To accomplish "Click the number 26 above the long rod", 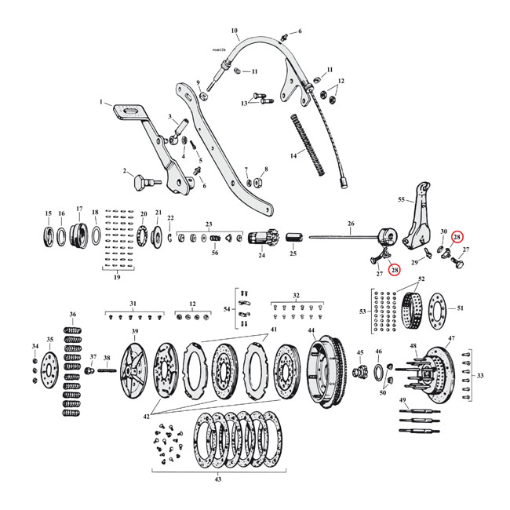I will (x=349, y=223).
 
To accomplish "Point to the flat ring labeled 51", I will (x=434, y=301).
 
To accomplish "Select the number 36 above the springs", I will (x=73, y=315).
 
